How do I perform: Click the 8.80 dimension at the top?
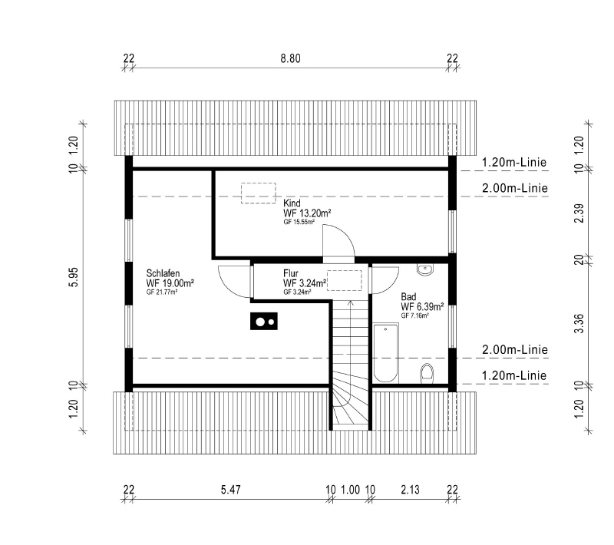(x=290, y=59)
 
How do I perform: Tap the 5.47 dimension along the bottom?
(x=231, y=490)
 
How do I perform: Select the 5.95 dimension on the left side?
(x=74, y=277)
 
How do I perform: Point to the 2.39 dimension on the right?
(x=579, y=213)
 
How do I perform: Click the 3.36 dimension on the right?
(x=579, y=323)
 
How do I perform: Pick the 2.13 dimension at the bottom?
(x=410, y=490)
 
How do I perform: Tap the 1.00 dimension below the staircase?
(x=350, y=490)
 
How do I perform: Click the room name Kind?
(x=292, y=203)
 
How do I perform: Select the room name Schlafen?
(x=163, y=273)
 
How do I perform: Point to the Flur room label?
(x=291, y=273)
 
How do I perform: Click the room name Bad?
(x=408, y=297)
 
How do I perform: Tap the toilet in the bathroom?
(x=427, y=374)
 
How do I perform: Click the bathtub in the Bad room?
(x=386, y=353)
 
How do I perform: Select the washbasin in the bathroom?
(x=425, y=269)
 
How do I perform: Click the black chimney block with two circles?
(x=264, y=322)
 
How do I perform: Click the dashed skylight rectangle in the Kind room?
(x=259, y=193)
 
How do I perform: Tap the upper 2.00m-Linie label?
(x=514, y=188)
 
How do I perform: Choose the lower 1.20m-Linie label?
(x=513, y=376)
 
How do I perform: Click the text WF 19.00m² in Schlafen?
(x=170, y=283)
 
